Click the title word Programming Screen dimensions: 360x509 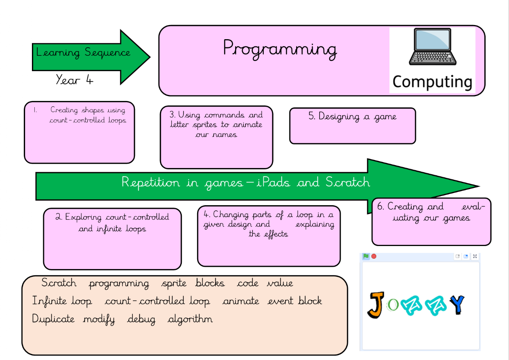[280, 49]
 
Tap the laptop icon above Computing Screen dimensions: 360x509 [433, 47]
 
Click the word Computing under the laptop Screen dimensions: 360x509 [432, 82]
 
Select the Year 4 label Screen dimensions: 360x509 [75, 80]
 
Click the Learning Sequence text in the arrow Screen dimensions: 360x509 [83, 53]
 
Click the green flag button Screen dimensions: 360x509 [366, 256]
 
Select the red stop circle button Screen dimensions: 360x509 [374, 256]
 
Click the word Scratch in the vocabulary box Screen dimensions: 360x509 [59, 283]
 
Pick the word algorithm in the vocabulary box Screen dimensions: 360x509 [190, 320]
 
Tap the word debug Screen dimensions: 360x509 [141, 320]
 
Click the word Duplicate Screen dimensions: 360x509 [53, 319]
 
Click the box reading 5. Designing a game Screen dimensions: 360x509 [352, 125]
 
